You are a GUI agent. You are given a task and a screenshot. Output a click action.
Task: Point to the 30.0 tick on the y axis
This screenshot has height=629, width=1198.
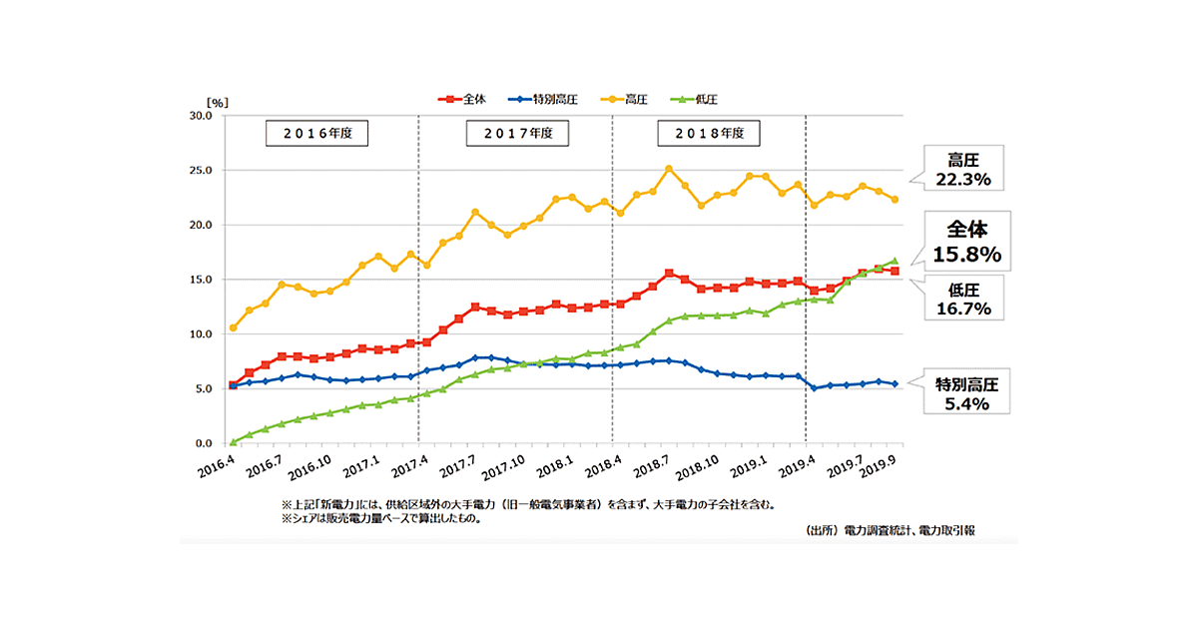point(201,116)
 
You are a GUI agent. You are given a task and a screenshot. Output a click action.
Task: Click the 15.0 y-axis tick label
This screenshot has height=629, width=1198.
point(201,280)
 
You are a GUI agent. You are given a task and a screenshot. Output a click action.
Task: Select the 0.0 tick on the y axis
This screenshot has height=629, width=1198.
point(204,443)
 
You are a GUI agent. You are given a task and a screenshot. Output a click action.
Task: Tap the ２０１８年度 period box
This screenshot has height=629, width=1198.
point(708,133)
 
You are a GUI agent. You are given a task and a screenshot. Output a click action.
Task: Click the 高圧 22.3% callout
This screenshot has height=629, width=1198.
point(963,167)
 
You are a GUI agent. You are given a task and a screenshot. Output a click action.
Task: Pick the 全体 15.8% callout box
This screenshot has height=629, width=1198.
point(962,242)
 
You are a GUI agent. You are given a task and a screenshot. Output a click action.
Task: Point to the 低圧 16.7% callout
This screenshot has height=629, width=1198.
point(962,299)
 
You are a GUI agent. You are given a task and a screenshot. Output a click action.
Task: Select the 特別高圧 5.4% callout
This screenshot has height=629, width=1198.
point(962,392)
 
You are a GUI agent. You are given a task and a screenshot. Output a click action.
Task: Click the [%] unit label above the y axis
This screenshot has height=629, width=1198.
point(218,103)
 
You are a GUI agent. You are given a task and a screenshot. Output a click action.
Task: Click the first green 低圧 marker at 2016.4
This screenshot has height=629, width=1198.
point(233,441)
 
